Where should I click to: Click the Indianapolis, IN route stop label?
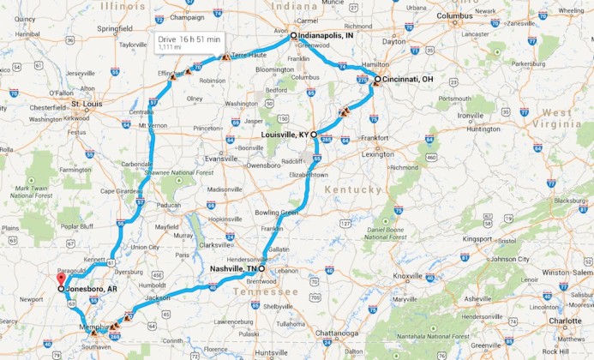pos(332,36)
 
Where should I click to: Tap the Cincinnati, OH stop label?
pos(408,79)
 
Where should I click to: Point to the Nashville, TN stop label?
pos(232,268)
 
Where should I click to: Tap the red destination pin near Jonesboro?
pos(60,279)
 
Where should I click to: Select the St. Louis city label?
pos(87,104)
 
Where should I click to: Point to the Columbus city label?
pos(454,15)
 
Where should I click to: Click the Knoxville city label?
pos(408,276)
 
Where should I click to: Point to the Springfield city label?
pos(115,27)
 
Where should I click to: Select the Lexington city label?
pos(378,153)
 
